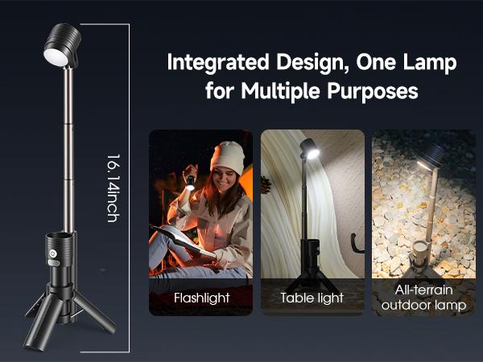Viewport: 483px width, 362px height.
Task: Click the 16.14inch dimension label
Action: (x=113, y=187)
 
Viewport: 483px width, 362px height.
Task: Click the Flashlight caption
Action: (x=201, y=298)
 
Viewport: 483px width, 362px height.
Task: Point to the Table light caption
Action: (x=312, y=298)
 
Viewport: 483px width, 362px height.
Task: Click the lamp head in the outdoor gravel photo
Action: (x=431, y=156)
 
